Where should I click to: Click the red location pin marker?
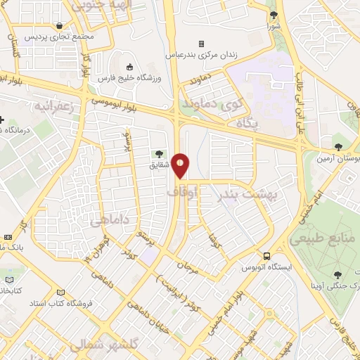point(181,165)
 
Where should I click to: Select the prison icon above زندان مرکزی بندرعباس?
point(201,43)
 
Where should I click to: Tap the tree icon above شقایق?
point(160,153)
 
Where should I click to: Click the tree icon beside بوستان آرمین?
point(339,146)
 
